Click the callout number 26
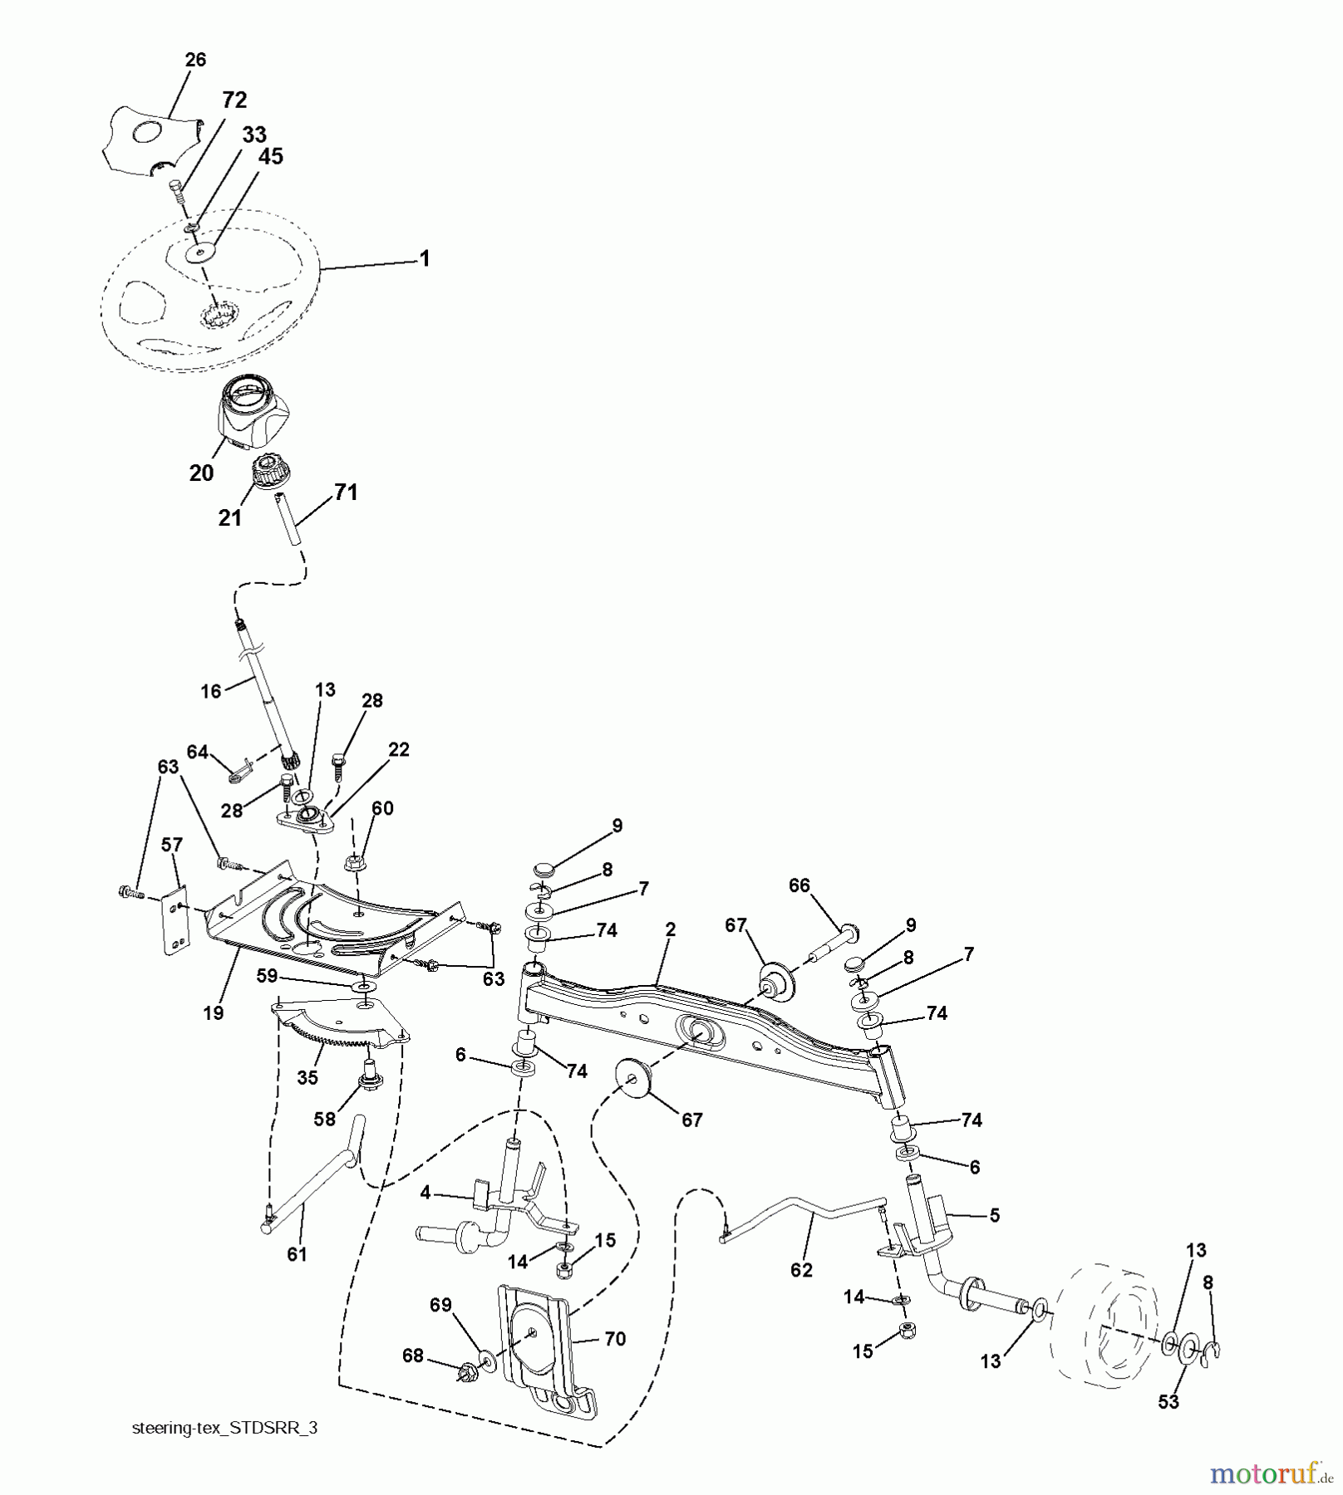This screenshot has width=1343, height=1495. click(195, 60)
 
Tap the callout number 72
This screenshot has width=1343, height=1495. click(234, 100)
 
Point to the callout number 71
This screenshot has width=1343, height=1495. click(346, 493)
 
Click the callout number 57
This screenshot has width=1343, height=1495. click(171, 846)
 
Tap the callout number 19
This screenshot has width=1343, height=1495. click(214, 1012)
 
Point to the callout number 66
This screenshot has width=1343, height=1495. click(799, 885)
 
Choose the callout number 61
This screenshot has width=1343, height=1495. click(297, 1254)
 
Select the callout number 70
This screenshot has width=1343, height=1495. click(615, 1339)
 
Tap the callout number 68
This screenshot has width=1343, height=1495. click(413, 1356)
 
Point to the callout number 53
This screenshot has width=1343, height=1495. click(1168, 1402)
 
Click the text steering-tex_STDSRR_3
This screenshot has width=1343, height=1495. click(224, 1429)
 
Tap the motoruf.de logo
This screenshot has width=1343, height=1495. click(1270, 1474)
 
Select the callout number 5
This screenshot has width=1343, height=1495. click(994, 1215)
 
